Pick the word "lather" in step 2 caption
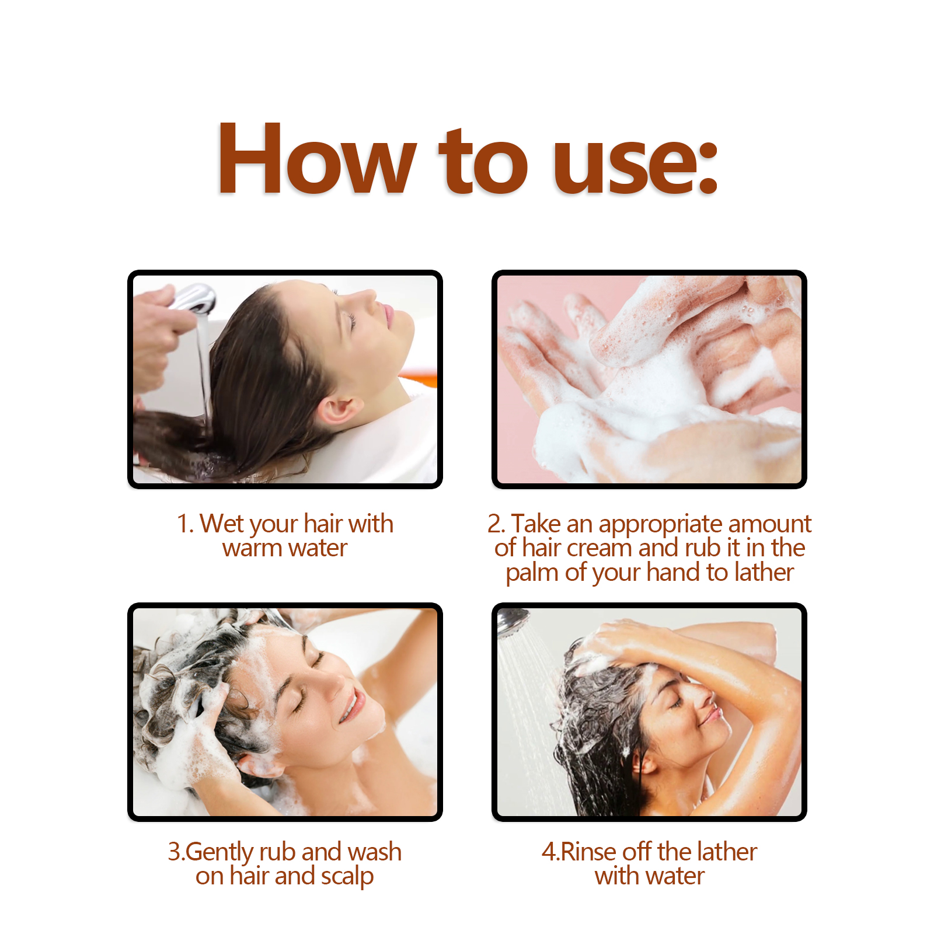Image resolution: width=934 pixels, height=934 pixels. [x=764, y=572]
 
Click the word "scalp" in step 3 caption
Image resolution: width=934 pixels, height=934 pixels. [x=347, y=877]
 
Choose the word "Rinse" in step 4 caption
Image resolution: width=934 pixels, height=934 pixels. [x=589, y=852]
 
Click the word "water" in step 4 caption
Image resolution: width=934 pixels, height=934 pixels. [x=674, y=877]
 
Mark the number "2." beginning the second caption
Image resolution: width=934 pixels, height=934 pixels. [x=497, y=524]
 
